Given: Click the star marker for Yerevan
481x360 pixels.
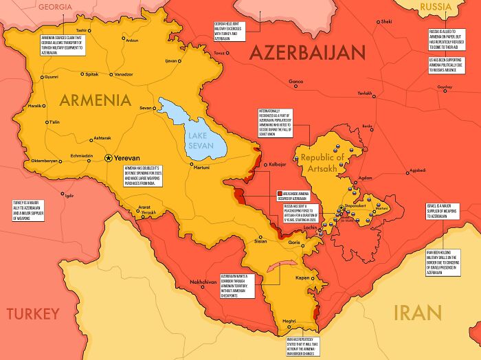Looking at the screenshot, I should coord(108,157).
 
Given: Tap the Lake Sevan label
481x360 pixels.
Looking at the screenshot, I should coord(203,141).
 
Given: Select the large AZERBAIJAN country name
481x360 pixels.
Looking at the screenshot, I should coord(306,53).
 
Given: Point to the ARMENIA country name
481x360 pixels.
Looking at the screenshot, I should coord(95,100).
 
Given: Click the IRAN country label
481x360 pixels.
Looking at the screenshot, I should coord(416,313).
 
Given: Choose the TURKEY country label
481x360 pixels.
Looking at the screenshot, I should coord(33,314).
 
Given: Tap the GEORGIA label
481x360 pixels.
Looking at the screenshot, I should coord(55,7).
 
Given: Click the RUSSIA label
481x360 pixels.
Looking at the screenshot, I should coord(436,7).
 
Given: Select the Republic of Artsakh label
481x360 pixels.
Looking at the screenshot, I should coord(326,163).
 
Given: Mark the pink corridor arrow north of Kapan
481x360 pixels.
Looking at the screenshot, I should coord(282,267).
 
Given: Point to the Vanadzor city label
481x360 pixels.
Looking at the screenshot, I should coord(123,74).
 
